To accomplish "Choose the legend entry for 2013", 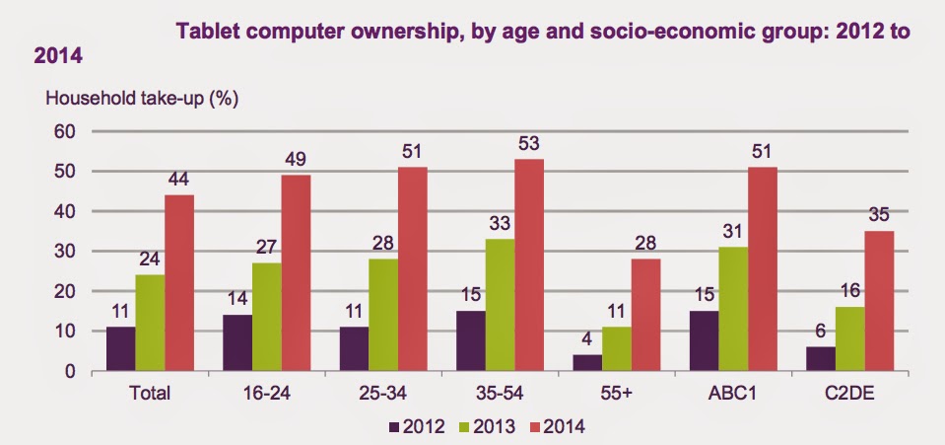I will point(475,427).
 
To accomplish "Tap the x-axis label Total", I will point(151,392).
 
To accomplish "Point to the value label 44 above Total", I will point(178,182).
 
